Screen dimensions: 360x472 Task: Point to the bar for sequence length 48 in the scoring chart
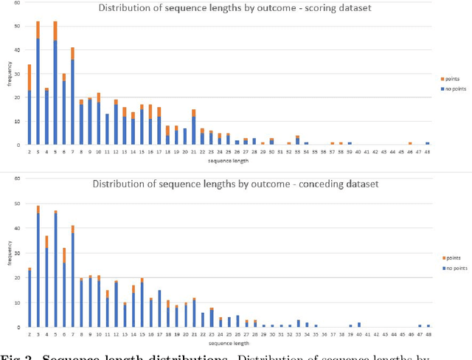[428, 144]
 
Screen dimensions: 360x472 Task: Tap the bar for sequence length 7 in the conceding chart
[72, 277]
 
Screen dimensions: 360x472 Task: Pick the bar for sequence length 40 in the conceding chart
[359, 325]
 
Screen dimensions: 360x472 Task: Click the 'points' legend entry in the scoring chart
[451, 79]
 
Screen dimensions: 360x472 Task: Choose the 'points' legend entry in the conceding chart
[451, 257]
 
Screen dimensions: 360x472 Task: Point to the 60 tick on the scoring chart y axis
[18, 4]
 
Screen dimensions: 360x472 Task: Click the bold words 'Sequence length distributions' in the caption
[100, 356]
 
